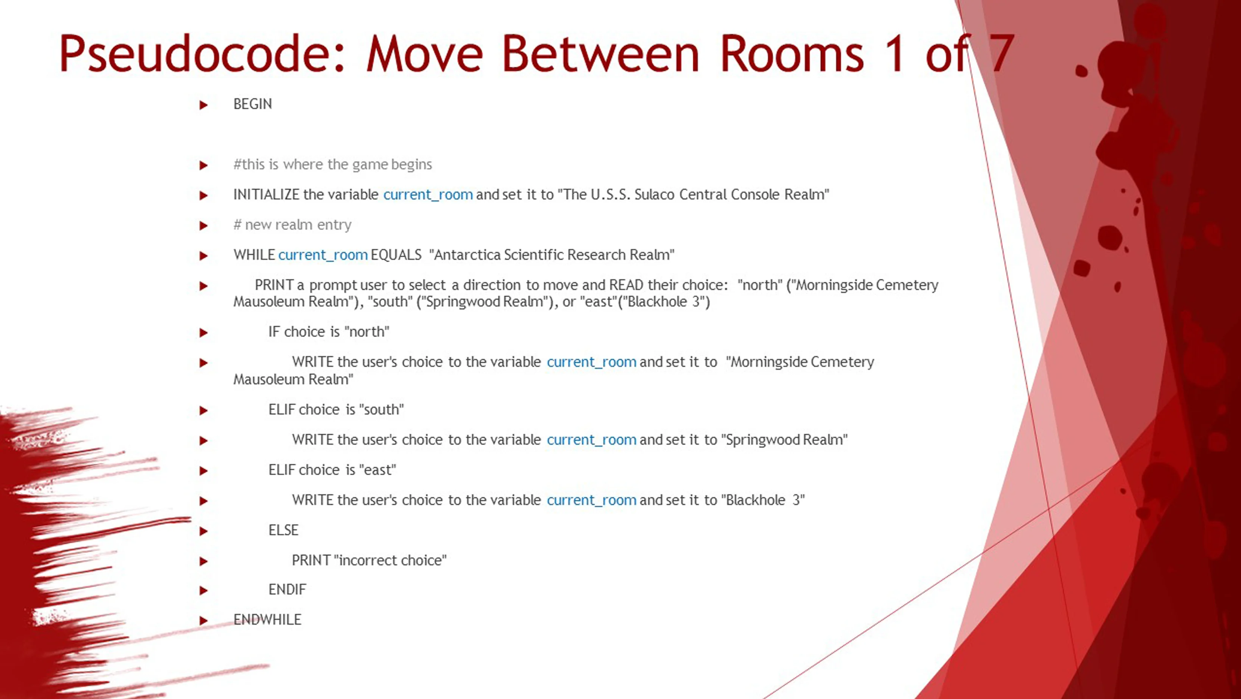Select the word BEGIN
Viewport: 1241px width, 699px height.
point(252,104)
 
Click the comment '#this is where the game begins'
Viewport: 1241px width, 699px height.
point(332,165)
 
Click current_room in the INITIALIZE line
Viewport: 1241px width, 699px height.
point(428,195)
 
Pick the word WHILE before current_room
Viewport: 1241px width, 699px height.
point(254,255)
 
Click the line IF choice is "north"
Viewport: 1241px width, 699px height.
point(329,332)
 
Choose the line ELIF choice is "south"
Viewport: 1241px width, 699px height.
point(336,410)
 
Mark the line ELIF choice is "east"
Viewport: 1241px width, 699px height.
point(332,470)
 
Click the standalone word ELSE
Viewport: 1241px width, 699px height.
point(283,530)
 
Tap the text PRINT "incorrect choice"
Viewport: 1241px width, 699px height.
point(369,560)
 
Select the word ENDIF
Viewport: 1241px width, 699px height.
point(287,590)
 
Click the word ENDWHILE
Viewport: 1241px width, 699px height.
point(267,620)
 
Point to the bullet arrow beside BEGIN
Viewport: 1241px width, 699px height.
point(203,105)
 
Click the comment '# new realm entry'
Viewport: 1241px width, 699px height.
point(292,225)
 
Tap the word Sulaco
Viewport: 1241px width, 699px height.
point(654,194)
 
